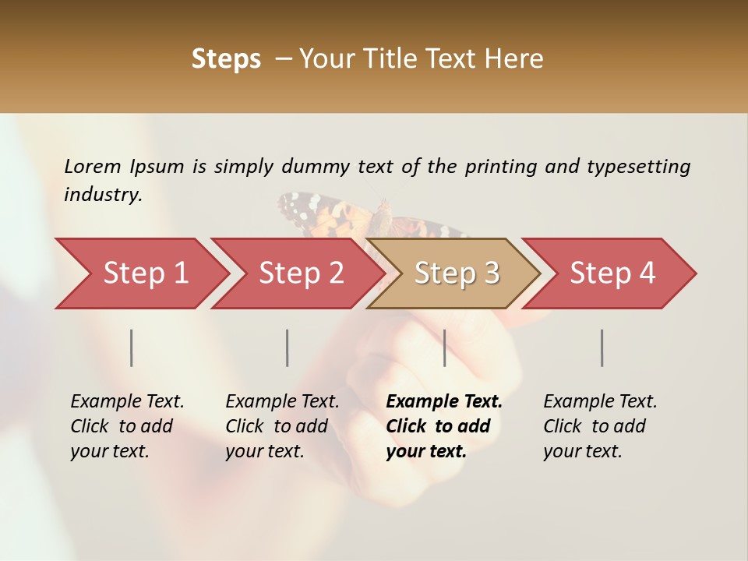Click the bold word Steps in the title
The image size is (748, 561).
(226, 59)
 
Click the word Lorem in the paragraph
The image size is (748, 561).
(93, 166)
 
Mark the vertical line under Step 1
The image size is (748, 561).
(132, 348)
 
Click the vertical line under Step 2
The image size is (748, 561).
(288, 348)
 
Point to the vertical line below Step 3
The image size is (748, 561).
(444, 348)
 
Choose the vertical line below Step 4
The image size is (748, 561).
(602, 348)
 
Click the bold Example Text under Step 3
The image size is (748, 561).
(444, 402)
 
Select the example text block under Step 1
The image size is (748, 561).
(127, 426)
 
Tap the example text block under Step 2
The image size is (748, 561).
(282, 426)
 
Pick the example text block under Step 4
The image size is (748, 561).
(600, 426)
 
